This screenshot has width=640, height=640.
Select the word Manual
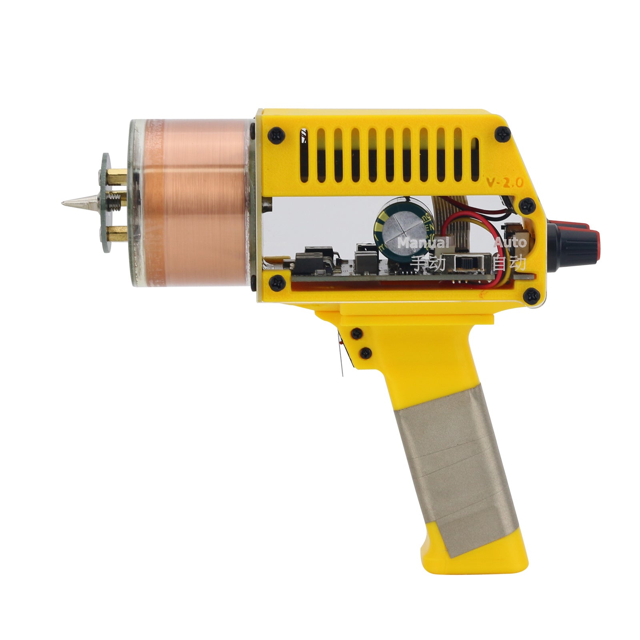point(423,243)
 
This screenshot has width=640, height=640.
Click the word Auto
point(510,242)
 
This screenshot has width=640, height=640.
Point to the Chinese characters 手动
point(428,263)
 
